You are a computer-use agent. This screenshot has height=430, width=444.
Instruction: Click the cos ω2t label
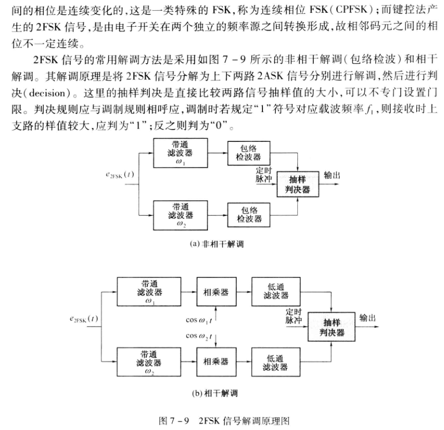(199, 336)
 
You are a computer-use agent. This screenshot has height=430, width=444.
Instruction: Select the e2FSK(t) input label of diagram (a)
(119, 175)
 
